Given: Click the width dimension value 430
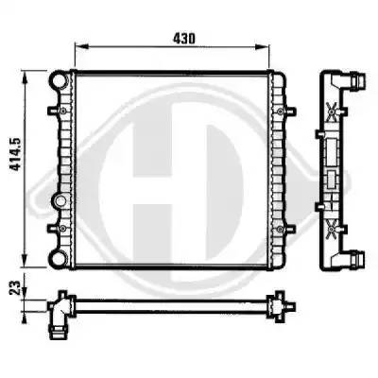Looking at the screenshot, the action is click(184, 39).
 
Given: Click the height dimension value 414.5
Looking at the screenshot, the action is click(15, 154).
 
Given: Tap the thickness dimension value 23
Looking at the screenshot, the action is click(14, 287).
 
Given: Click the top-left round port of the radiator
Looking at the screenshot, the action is click(59, 80).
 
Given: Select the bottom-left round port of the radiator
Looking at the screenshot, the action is click(59, 259).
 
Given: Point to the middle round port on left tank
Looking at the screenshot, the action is click(59, 200).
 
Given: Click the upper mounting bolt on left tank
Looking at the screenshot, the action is click(63, 111).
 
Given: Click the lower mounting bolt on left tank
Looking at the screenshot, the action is click(63, 229).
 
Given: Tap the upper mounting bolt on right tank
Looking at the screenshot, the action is click(280, 111).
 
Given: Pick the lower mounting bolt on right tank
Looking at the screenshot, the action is click(280, 229).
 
